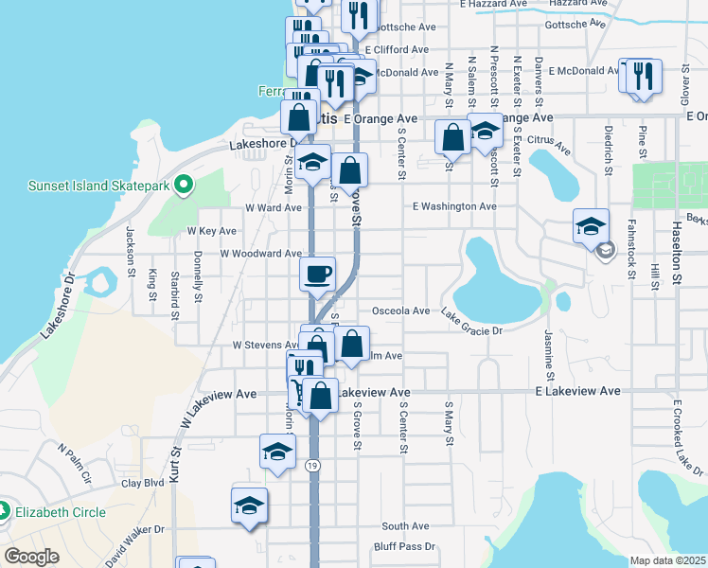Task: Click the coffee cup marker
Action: [x=317, y=274]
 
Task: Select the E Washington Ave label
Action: [x=454, y=205]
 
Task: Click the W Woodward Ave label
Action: [x=260, y=254]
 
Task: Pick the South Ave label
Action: [x=406, y=526]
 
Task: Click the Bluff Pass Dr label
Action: [x=404, y=546]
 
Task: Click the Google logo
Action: [x=31, y=557]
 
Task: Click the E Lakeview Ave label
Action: [x=577, y=391]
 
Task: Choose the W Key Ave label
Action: [x=211, y=230]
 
